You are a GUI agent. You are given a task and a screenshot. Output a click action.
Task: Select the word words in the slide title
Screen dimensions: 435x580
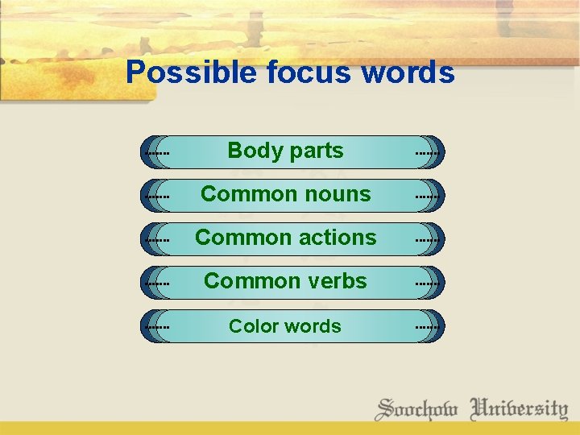click(x=408, y=73)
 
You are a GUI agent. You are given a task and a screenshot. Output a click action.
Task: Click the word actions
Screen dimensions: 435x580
click(x=338, y=238)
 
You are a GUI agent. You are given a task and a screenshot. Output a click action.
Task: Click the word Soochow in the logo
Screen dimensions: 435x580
click(x=416, y=408)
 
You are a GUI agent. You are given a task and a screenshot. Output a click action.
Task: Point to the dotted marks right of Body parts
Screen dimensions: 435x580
click(x=427, y=151)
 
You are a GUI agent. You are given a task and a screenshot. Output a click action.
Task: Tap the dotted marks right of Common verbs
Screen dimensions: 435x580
click(x=427, y=283)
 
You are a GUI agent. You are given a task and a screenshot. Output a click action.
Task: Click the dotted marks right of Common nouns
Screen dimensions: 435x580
click(x=427, y=196)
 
